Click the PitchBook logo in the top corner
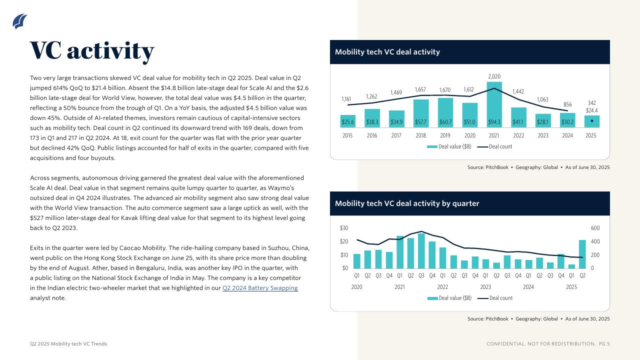pyautogui.click(x=19, y=21)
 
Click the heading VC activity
pyautogui.click(x=92, y=50)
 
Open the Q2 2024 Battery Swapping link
pyautogui.click(x=260, y=288)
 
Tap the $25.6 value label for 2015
pyautogui.click(x=347, y=121)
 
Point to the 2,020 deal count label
pyautogui.click(x=494, y=76)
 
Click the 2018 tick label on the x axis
pyautogui.click(x=420, y=135)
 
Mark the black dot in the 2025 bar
pyautogui.click(x=592, y=120)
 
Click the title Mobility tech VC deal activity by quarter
pyautogui.click(x=407, y=203)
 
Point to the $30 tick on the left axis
pyautogui.click(x=344, y=228)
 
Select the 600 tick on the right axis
pyautogui.click(x=595, y=228)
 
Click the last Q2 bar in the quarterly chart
pyautogui.click(x=582, y=254)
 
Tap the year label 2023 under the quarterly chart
pyautogui.click(x=485, y=287)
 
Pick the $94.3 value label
pyautogui.click(x=494, y=121)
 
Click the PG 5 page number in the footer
pyautogui.click(x=604, y=344)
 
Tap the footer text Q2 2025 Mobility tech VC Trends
pyautogui.click(x=68, y=344)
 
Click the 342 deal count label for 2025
pyautogui.click(x=591, y=102)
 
